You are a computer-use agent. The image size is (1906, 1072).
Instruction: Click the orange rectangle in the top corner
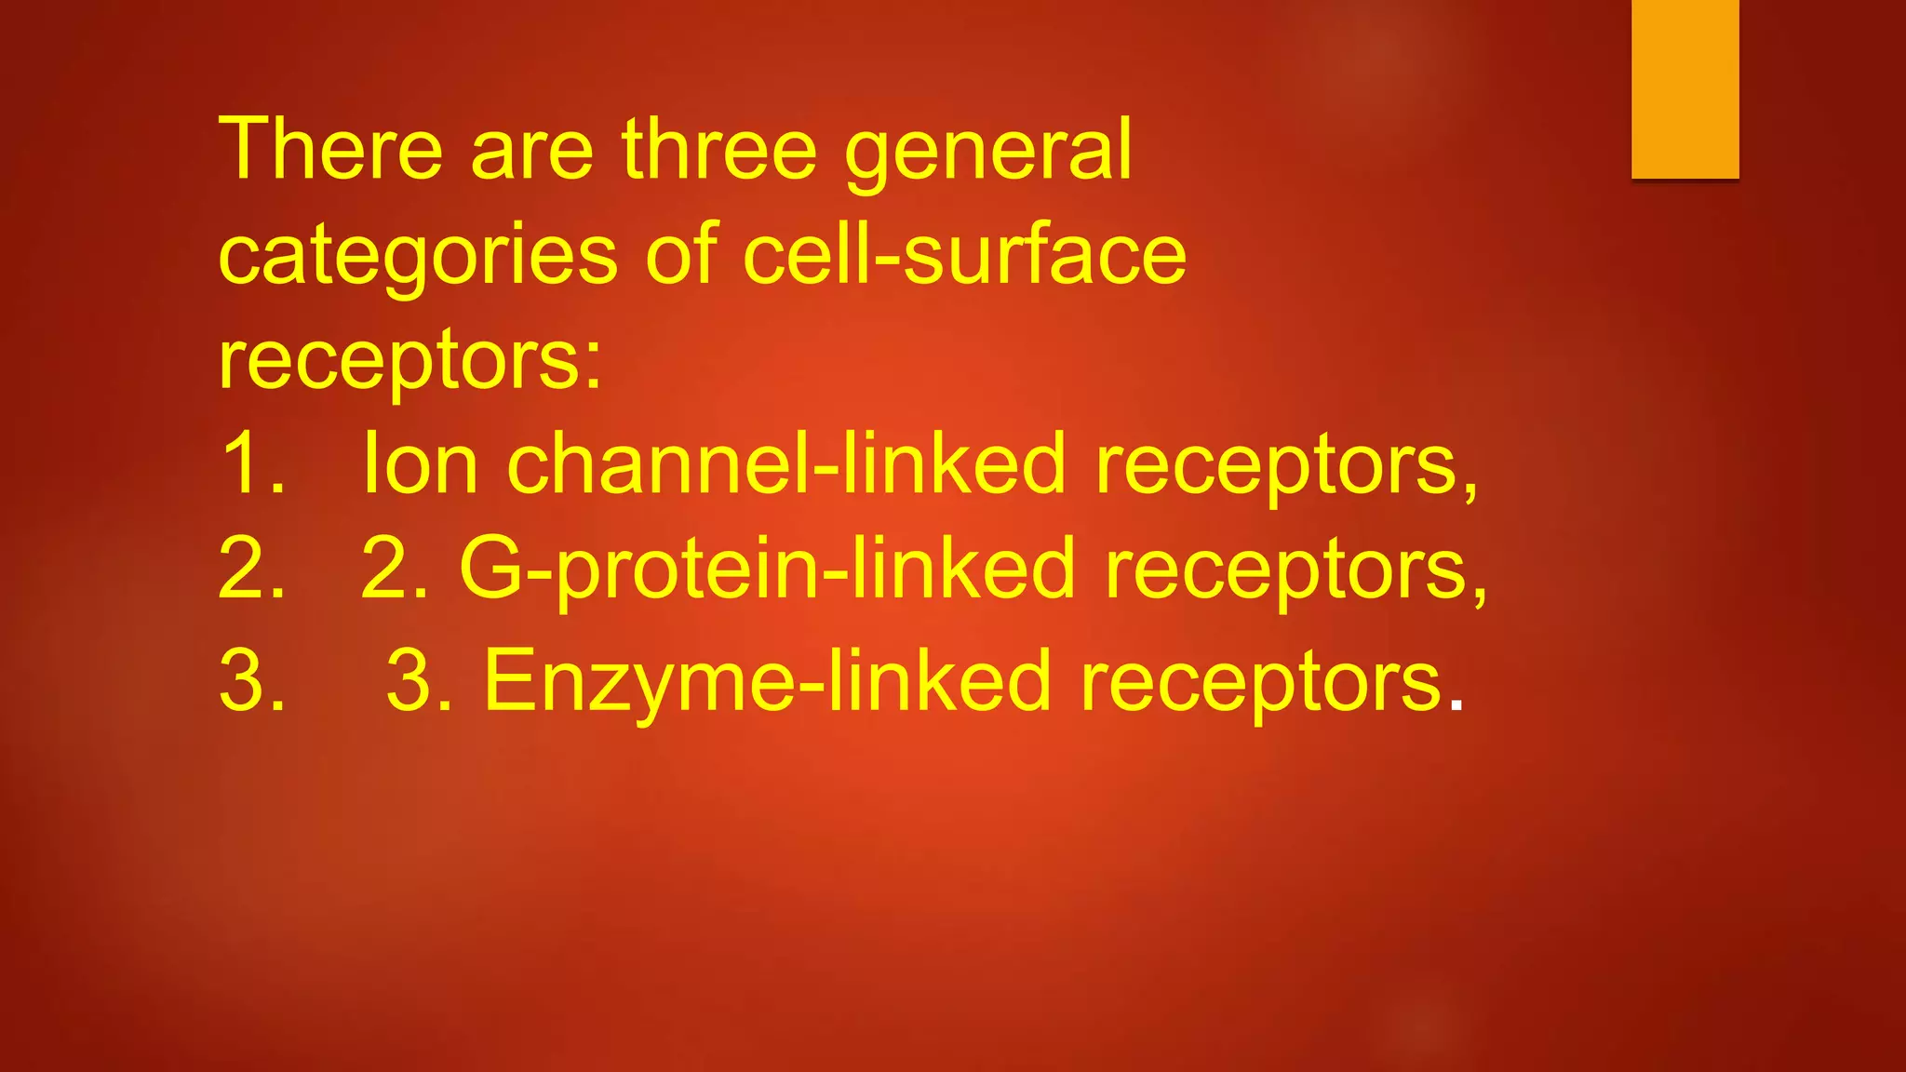click(x=1685, y=88)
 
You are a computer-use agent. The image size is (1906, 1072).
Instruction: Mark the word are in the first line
click(x=531, y=152)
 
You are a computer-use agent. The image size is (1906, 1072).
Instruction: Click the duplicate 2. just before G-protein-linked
click(x=395, y=569)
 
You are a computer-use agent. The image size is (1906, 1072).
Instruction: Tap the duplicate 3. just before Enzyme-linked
click(x=419, y=683)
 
